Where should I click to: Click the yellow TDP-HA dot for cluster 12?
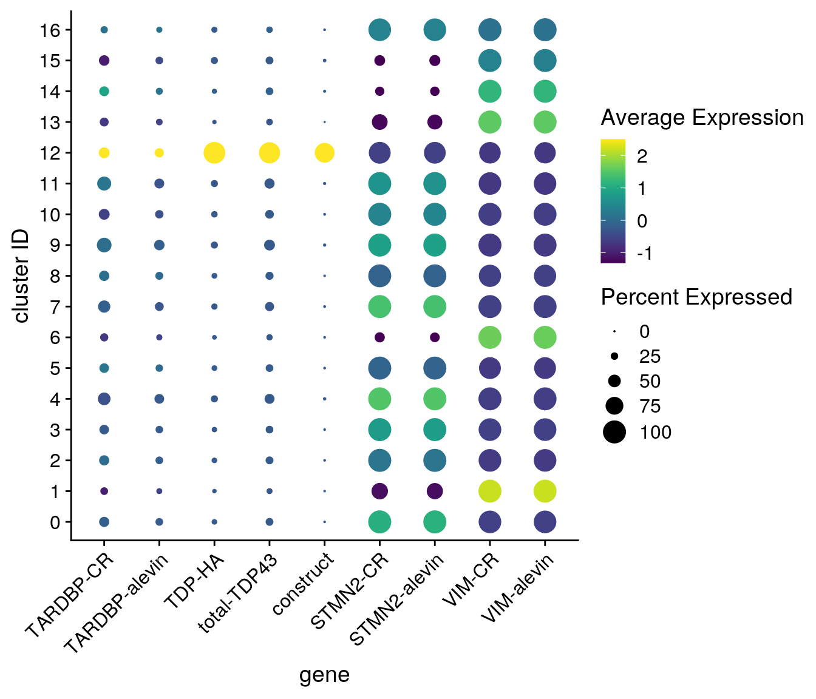tap(214, 153)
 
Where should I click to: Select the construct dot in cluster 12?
tap(324, 153)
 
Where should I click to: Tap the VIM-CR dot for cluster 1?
tap(489, 491)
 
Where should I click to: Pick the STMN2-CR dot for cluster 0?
tap(379, 522)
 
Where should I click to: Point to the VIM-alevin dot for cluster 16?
tap(545, 30)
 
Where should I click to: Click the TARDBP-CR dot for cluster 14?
tap(104, 92)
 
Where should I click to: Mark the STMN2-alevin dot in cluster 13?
tap(435, 122)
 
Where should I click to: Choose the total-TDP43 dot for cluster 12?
tap(269, 153)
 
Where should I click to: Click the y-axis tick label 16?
tap(52, 30)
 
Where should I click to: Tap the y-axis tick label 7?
tap(56, 307)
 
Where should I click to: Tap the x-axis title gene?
tap(324, 675)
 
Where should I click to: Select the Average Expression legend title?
tap(702, 118)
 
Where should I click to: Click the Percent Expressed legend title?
tap(696, 297)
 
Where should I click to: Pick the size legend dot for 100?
tap(614, 432)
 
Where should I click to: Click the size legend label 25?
tap(650, 357)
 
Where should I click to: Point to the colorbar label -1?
tap(645, 253)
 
